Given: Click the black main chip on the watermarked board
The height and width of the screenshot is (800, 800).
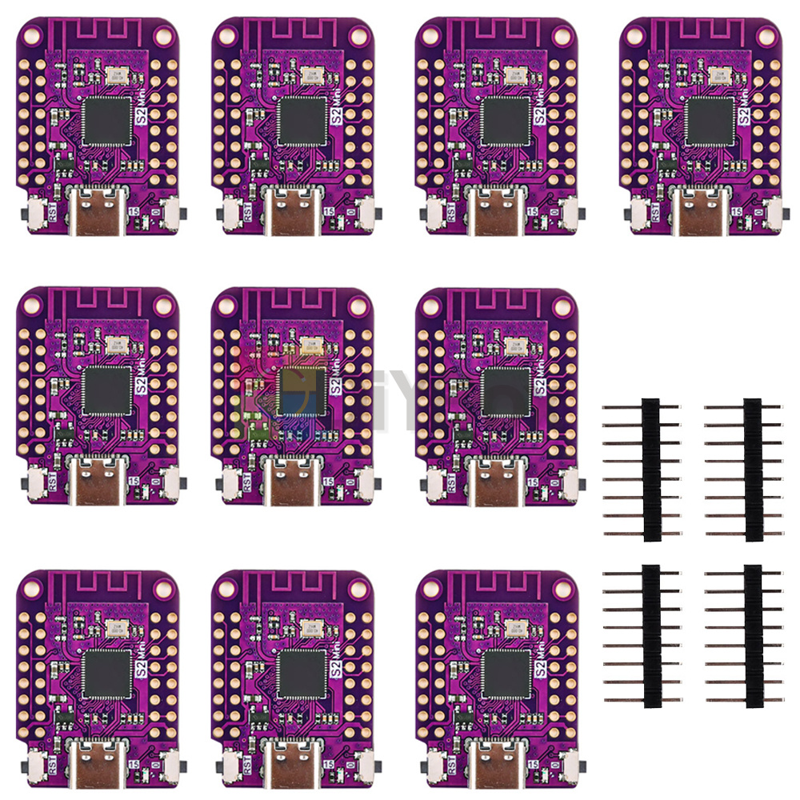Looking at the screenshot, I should pos(302,391).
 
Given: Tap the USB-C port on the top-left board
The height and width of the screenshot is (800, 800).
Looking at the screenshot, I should pos(99,210).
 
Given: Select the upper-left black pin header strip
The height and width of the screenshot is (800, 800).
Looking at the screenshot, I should pos(652,469).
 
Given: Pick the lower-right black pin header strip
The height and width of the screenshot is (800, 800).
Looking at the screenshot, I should pos(753,635).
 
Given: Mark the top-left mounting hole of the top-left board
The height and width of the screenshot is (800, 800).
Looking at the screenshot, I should pos(33,34).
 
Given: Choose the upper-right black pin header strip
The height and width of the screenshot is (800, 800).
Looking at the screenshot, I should pos(753,469).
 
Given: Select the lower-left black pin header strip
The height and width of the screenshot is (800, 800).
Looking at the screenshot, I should pos(652,635).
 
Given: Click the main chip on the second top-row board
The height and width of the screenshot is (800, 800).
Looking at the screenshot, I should pos(302,122).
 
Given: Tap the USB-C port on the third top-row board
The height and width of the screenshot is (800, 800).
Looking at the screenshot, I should pos(503,210).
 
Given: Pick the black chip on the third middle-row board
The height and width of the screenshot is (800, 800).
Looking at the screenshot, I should pos(506,391).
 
